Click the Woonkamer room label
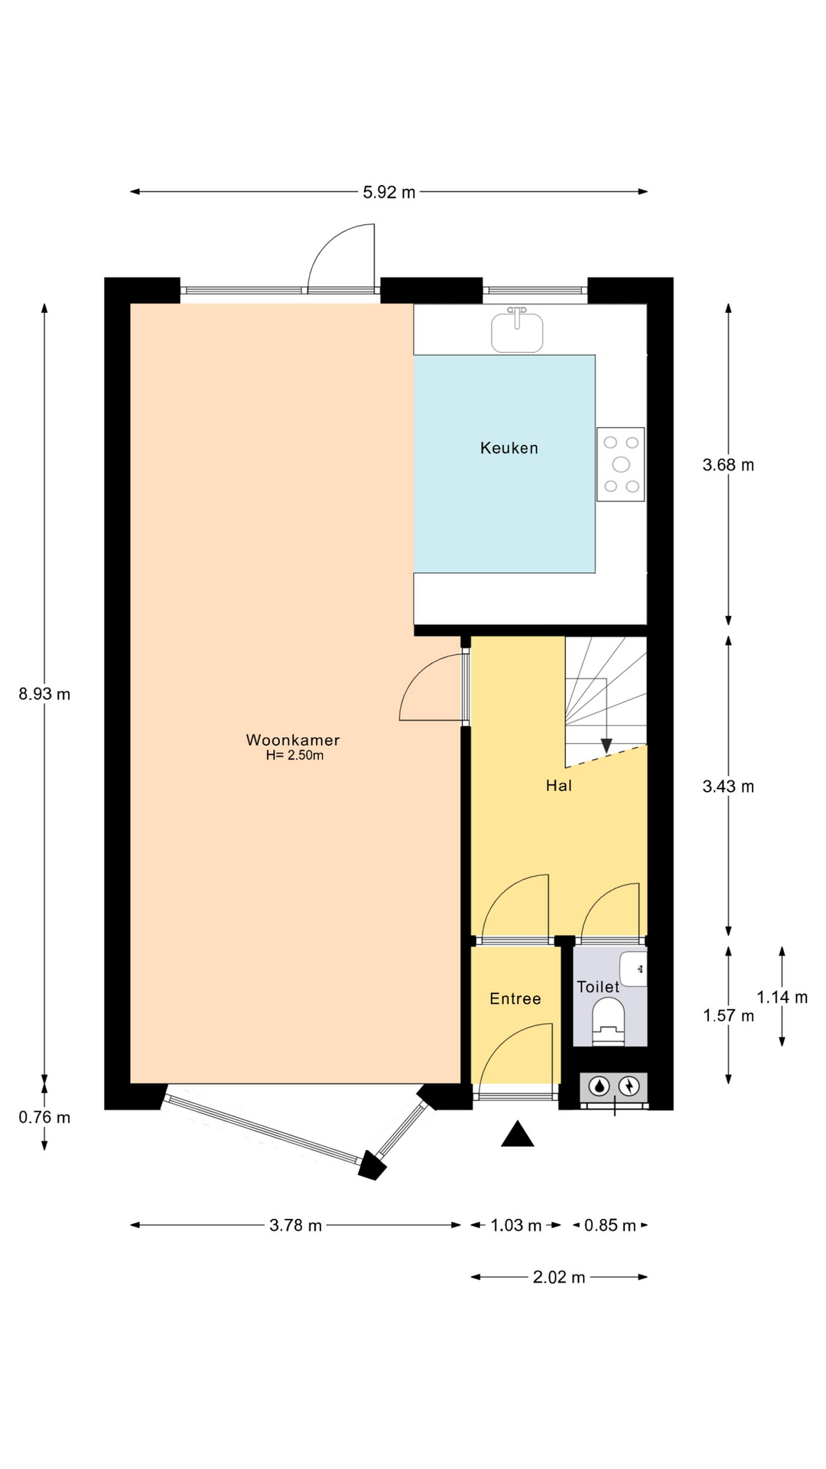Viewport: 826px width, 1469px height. pos(293,740)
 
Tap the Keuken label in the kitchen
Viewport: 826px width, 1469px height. pos(509,448)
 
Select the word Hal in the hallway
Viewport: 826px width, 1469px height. pos(559,785)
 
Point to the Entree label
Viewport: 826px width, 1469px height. pos(515,998)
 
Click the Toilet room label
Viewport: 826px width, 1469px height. pos(598,987)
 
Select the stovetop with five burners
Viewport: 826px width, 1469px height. pos(620,464)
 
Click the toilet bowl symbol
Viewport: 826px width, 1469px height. pos(609,1022)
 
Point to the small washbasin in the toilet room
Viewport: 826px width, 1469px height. pos(633,969)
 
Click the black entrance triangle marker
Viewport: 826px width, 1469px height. pos(518,1134)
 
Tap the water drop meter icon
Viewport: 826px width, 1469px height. pos(600,1086)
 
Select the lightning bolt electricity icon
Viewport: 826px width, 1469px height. pos(629,1086)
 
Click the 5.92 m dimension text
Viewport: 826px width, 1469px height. pos(389,192)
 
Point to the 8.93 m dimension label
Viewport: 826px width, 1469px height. pos(44,694)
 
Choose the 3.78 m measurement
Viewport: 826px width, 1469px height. pos(295,1226)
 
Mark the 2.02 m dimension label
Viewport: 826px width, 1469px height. pos(559,1277)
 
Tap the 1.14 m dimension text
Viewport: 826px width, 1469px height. pos(782,997)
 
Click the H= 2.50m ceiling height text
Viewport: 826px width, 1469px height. pos(294,756)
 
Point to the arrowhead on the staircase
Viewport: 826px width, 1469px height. pos(606,745)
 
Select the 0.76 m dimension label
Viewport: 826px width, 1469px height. pos(44,1117)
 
